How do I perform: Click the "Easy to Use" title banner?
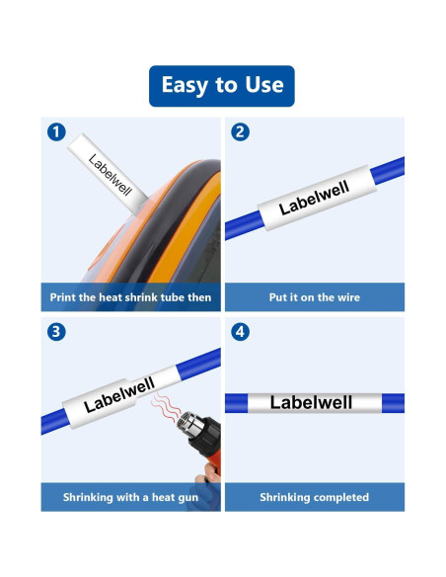pos(222,86)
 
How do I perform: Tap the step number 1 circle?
pos(57,131)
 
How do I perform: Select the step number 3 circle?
pos(57,332)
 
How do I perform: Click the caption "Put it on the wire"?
pos(314,296)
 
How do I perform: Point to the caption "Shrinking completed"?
pos(314,497)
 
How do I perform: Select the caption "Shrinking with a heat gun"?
pos(130,497)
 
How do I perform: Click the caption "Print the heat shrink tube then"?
pos(130,296)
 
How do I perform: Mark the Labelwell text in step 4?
pos(311,402)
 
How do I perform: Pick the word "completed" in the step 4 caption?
pos(340,497)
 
